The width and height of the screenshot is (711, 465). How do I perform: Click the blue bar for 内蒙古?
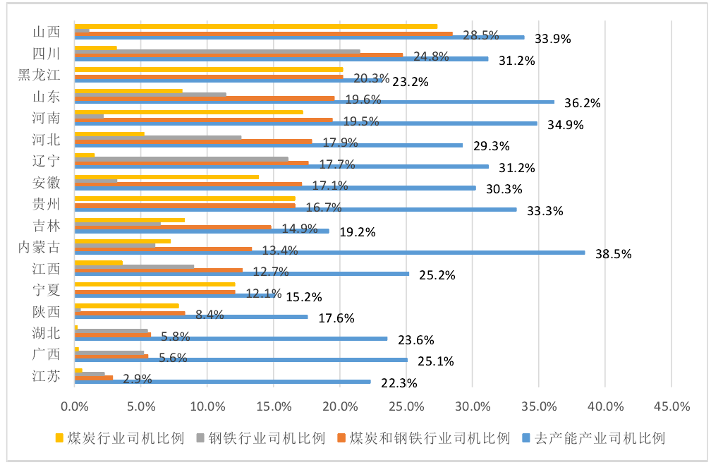click(329, 252)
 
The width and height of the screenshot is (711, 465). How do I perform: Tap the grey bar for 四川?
click(217, 51)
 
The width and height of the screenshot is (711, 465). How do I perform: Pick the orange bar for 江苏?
click(94, 378)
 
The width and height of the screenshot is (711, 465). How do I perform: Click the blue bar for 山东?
click(314, 102)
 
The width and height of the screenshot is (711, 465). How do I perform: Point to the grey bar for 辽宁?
click(181, 159)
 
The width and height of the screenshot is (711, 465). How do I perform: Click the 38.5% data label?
click(612, 254)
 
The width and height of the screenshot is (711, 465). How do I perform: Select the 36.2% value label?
click(581, 103)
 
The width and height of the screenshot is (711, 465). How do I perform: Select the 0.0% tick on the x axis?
click(75, 406)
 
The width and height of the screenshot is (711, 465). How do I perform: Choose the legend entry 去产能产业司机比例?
click(597, 438)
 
